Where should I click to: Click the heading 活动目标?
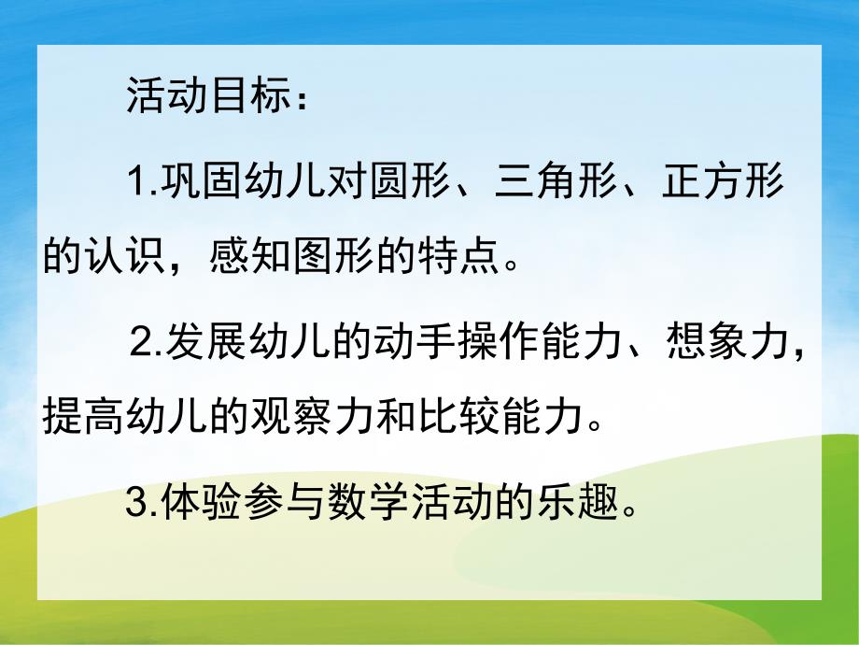pos(206,97)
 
